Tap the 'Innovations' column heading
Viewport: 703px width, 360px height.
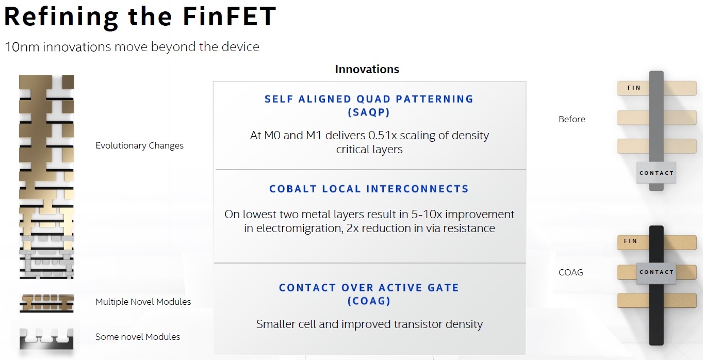(367, 69)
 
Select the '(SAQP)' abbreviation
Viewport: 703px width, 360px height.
(369, 112)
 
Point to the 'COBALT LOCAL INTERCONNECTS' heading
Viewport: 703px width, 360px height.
(369, 189)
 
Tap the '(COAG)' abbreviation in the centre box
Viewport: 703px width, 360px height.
(369, 301)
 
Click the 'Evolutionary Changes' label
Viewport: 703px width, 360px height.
(139, 145)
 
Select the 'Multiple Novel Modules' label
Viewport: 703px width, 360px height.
(143, 302)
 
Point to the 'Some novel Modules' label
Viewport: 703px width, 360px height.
(138, 337)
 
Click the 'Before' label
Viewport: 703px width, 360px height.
(572, 119)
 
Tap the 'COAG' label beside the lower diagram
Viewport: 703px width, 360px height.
(570, 272)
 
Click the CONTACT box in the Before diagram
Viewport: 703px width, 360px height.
(656, 173)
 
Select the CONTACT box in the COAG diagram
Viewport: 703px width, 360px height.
(656, 272)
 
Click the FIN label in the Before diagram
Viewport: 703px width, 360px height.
(634, 88)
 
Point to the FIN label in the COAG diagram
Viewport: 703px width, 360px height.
(630, 241)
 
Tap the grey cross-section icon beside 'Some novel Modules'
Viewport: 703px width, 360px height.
(46, 339)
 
